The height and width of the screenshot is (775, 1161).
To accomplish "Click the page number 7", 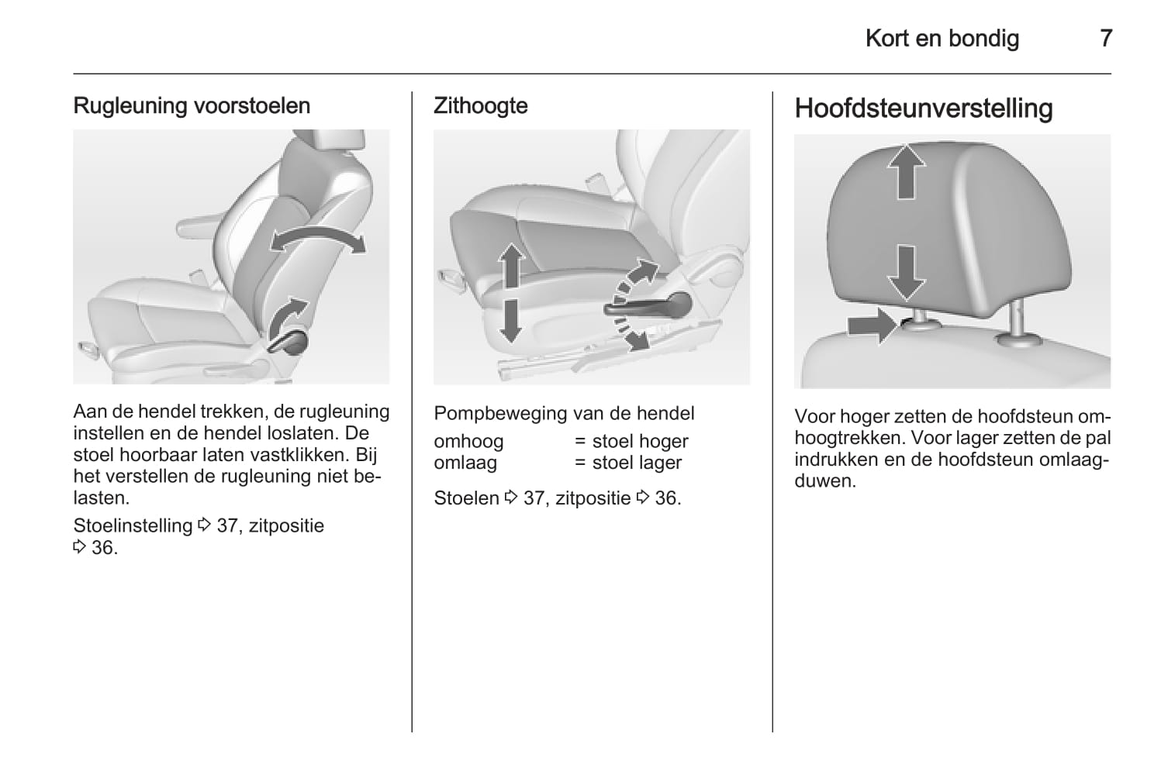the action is (1105, 39).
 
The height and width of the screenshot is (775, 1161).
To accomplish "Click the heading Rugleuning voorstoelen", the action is (192, 105).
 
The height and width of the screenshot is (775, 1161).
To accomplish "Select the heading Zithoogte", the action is (481, 105).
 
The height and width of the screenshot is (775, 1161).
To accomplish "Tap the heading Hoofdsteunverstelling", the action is (924, 108).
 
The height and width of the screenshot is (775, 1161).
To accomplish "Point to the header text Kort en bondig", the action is (942, 39).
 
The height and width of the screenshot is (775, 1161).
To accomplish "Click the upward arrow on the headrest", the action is (906, 171).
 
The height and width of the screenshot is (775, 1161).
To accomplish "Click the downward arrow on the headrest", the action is (906, 273).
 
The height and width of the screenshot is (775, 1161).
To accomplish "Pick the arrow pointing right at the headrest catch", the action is (872, 325).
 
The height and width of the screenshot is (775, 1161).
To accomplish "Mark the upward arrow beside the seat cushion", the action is (512, 267).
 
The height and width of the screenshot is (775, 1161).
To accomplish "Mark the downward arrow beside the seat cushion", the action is (511, 321).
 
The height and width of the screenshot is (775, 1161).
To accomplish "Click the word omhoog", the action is (468, 442).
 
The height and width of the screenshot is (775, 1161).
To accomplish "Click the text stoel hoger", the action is (640, 442).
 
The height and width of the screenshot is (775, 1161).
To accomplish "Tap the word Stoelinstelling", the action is (133, 525).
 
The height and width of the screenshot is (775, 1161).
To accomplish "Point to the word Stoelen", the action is (466, 498).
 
